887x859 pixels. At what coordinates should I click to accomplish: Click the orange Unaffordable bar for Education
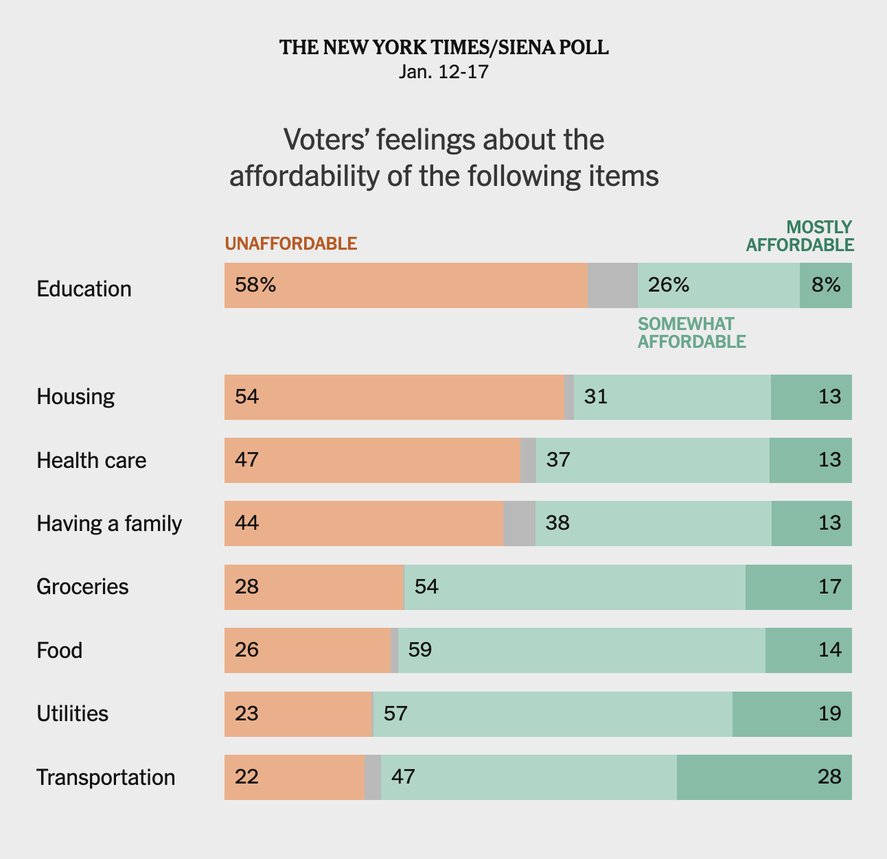[x=405, y=285]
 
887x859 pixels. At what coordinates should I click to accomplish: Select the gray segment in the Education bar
[x=612, y=285]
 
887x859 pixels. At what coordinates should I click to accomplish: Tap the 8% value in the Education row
[x=826, y=285]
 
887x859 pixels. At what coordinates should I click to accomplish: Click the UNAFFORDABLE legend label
[x=291, y=244]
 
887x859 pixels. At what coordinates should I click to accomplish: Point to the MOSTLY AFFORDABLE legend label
[x=800, y=236]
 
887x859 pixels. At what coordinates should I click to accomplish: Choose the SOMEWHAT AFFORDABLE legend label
[x=691, y=333]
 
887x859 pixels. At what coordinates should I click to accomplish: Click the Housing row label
[x=76, y=397]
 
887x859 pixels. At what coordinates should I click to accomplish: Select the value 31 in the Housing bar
[x=596, y=397]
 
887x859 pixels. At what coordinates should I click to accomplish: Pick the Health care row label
[x=91, y=460]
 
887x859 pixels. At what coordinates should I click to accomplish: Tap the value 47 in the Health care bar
[x=246, y=460]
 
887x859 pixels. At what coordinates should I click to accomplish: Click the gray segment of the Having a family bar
[x=519, y=523]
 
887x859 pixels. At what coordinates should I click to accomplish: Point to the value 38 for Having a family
[x=557, y=523]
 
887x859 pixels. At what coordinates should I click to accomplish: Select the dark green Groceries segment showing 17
[x=798, y=587]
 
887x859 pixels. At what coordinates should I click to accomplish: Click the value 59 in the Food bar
[x=419, y=650]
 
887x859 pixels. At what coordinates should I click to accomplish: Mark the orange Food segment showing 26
[x=308, y=650]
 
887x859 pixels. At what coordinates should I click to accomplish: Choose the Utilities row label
[x=72, y=714]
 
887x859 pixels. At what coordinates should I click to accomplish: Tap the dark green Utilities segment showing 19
[x=792, y=714]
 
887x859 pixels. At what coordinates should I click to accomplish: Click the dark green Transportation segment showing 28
[x=764, y=777]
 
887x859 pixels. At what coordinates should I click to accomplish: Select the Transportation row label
[x=106, y=777]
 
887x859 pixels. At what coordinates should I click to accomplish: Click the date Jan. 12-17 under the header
[x=444, y=71]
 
